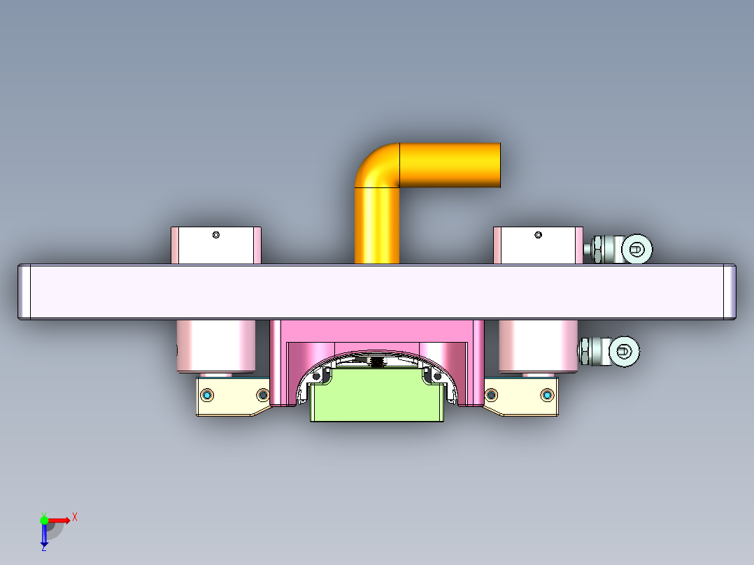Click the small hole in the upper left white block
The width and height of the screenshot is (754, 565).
[x=216, y=234]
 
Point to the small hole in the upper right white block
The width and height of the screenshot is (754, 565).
[x=538, y=234]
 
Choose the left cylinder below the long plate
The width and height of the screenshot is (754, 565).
[x=216, y=347]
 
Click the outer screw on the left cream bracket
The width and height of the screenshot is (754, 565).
[x=207, y=396]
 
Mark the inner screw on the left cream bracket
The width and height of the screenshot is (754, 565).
[x=263, y=396]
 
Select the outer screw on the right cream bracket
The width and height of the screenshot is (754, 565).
[x=547, y=396]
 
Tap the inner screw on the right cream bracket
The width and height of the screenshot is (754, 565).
[x=490, y=396]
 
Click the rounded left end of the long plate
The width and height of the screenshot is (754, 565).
[x=24, y=292]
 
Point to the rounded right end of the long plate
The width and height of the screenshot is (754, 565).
[x=730, y=292]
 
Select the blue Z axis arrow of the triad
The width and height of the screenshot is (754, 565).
[x=43, y=537]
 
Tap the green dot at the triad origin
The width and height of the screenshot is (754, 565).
[x=43, y=520]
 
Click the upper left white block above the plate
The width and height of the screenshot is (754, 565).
[x=216, y=245]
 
